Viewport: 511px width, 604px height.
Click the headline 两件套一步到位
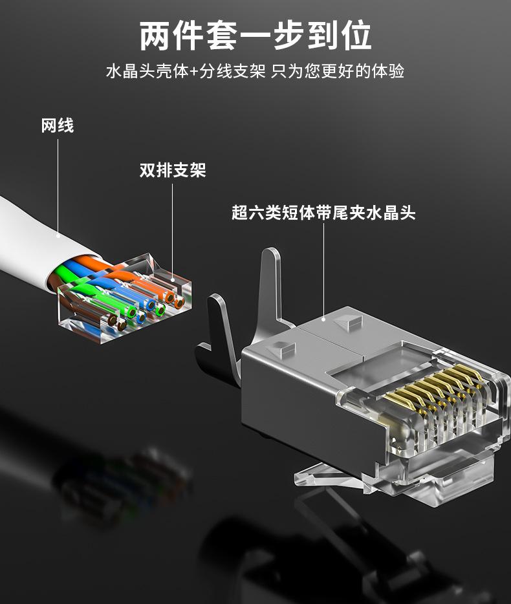click(x=255, y=36)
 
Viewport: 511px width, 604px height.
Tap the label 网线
click(x=58, y=125)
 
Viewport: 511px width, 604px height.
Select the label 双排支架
click(x=173, y=171)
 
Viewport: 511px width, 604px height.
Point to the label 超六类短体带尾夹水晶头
click(x=323, y=213)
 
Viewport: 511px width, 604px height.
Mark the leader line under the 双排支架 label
click(x=173, y=226)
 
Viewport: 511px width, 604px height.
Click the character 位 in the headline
click(x=355, y=36)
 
